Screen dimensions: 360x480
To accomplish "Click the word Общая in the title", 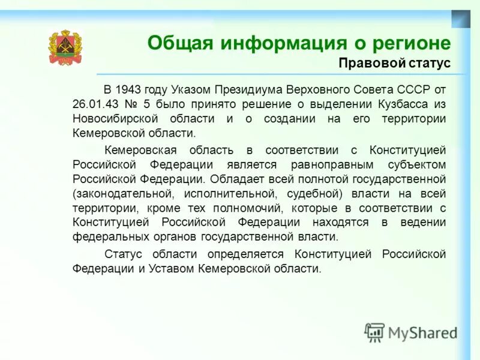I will pyautogui.click(x=181, y=43).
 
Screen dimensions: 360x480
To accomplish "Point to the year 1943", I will pyautogui.click(x=128, y=89).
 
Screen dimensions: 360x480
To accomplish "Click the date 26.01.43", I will pyautogui.click(x=95, y=104).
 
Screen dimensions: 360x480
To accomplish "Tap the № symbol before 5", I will pyautogui.click(x=130, y=104).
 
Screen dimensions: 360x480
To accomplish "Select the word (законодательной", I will pyautogui.click(x=124, y=193).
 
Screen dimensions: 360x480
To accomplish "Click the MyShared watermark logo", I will pyautogui.click(x=411, y=332).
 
